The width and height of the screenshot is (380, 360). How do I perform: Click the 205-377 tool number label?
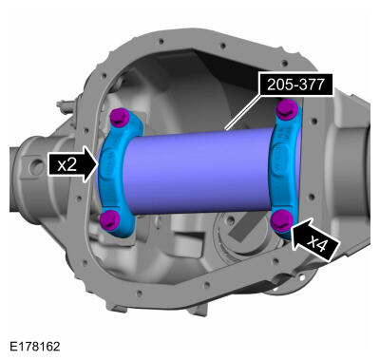(296, 85)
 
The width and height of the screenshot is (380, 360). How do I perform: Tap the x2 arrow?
(73, 164)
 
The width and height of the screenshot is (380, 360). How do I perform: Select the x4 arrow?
(313, 238)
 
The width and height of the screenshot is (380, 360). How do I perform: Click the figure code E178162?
(34, 347)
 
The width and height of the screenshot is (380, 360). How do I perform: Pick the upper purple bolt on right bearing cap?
(287, 109)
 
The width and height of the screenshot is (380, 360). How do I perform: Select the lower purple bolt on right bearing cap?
(281, 220)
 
